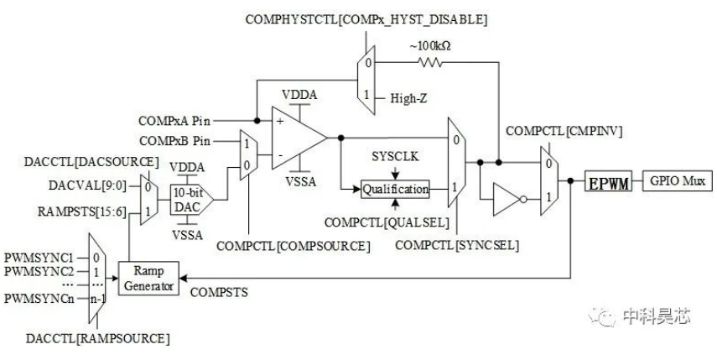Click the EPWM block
coord(609,181)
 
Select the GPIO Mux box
coord(678,180)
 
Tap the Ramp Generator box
coord(148,279)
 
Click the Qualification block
coord(396,189)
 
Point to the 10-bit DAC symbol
coord(191,200)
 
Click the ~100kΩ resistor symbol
coord(431,62)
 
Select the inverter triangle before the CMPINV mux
coord(507,200)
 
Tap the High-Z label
coord(408,98)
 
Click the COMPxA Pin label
coord(174,121)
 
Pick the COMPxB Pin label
coord(174,141)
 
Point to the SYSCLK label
coord(395,156)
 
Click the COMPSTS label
coord(219,292)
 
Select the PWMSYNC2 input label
coord(39,271)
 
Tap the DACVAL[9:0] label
coord(88,185)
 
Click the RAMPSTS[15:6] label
coord(82,211)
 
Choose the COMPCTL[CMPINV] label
coord(564,131)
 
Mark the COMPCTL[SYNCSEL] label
coord(457,245)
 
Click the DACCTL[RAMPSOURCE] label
coord(98,339)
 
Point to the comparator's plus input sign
coord(280,121)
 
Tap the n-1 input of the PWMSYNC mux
coord(97,300)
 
